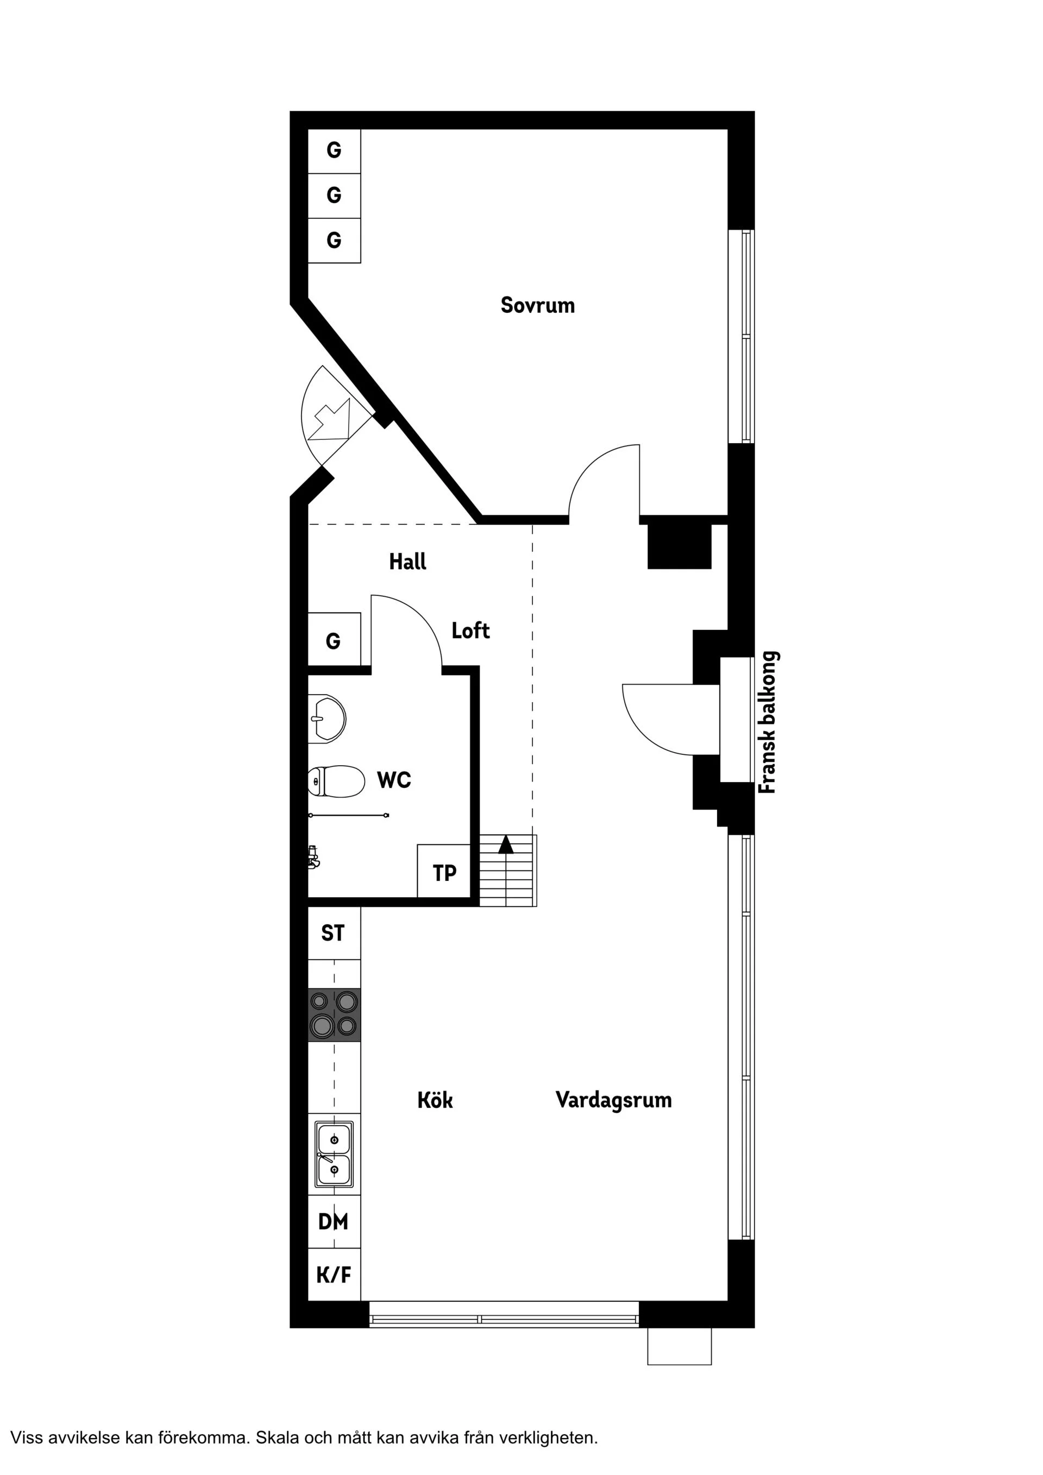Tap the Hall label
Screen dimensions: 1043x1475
coord(407,562)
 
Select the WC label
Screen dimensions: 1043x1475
coord(394,780)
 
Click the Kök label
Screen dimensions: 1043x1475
coord(435,1100)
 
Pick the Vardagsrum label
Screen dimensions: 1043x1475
coord(614,1099)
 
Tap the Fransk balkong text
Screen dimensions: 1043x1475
coord(769,723)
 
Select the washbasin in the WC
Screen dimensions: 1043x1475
coord(327,719)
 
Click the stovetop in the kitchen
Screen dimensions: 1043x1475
coord(334,1014)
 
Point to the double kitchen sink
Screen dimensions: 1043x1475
coord(334,1155)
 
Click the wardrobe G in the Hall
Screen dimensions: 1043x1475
coord(334,639)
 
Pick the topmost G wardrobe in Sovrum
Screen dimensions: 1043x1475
coord(334,151)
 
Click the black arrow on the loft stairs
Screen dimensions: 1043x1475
coord(506,844)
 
